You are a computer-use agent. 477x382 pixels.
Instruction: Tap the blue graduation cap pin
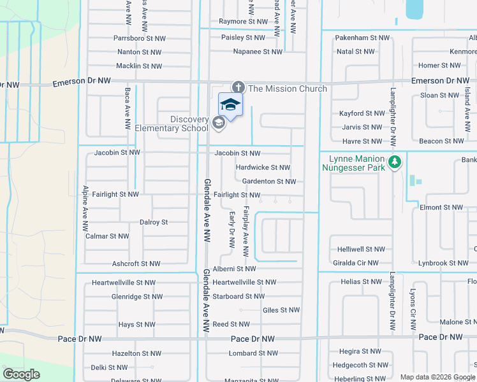[x=230, y=105]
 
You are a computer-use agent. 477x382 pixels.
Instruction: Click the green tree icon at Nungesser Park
[x=395, y=162]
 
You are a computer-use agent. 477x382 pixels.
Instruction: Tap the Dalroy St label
[x=153, y=222]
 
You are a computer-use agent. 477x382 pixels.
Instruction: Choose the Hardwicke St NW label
[x=263, y=167]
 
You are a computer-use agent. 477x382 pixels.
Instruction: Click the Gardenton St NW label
[x=268, y=181]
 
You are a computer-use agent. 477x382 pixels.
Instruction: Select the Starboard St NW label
[x=238, y=296]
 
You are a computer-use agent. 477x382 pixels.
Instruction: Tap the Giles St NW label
[x=281, y=310]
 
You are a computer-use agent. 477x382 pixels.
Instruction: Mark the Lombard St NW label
[x=253, y=353]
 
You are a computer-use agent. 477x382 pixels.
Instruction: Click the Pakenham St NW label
[x=362, y=38]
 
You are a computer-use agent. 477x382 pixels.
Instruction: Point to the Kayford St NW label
[x=360, y=113]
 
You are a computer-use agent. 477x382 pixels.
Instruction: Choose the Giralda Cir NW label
[x=355, y=262]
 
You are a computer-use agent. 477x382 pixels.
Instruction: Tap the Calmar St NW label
[x=106, y=236]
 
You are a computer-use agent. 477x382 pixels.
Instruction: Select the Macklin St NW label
[x=139, y=66]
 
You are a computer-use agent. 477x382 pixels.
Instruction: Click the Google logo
[x=22, y=374]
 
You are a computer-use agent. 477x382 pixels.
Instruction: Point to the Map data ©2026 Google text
[x=437, y=377]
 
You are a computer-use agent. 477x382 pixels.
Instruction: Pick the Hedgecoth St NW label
[x=362, y=365]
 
